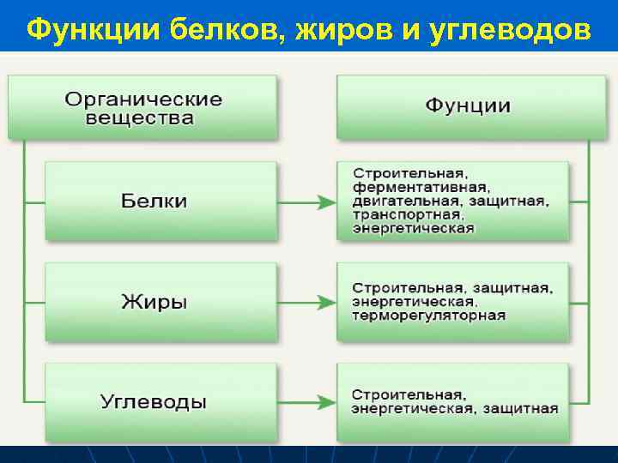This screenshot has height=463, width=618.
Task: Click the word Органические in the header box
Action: pos(143,99)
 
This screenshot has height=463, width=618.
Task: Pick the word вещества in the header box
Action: pos(139,118)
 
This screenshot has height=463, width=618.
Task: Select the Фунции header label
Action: pos(468,106)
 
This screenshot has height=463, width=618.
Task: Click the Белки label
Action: pos(154,201)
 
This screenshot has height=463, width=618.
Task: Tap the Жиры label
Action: pos(154,302)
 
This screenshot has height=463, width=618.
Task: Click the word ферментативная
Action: pos(421,187)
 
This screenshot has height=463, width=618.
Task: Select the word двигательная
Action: pos(401,201)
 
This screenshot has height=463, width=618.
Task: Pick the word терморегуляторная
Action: pos(428,316)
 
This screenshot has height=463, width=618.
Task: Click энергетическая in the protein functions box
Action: pos(413,229)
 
